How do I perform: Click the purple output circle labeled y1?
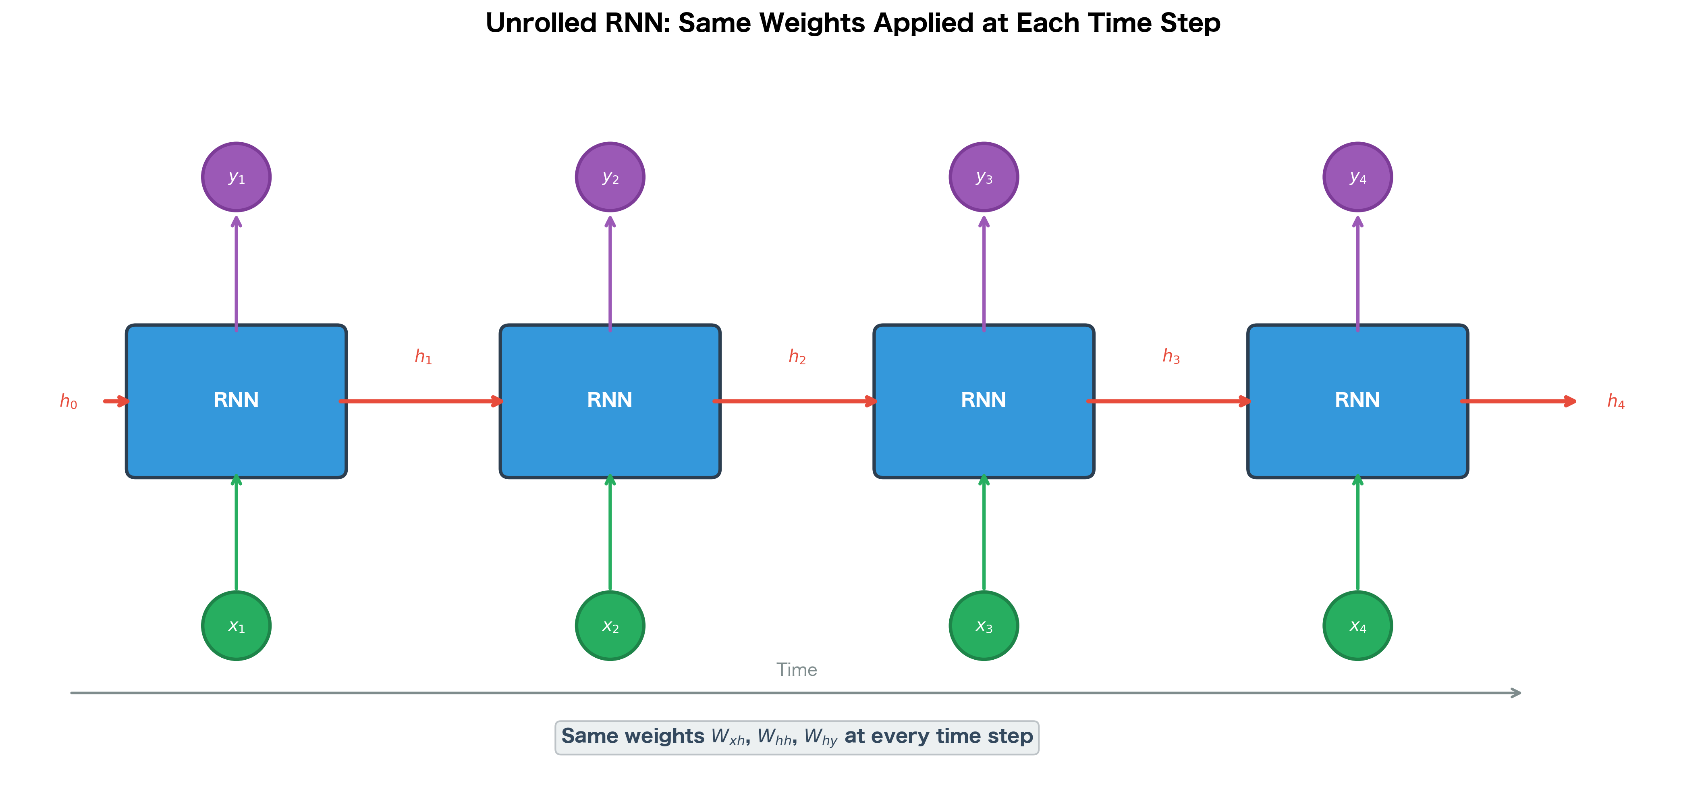(x=237, y=177)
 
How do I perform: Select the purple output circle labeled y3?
(x=984, y=177)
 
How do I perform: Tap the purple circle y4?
(x=1357, y=177)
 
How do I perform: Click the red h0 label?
(x=68, y=401)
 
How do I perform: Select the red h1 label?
(x=423, y=357)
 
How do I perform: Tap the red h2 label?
(x=797, y=357)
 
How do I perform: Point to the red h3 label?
(x=1171, y=357)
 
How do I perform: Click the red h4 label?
(x=1616, y=401)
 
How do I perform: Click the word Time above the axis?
(x=797, y=669)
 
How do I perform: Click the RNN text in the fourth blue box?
(x=1357, y=400)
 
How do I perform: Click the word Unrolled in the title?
(x=540, y=23)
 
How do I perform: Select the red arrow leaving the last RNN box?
(x=1517, y=401)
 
